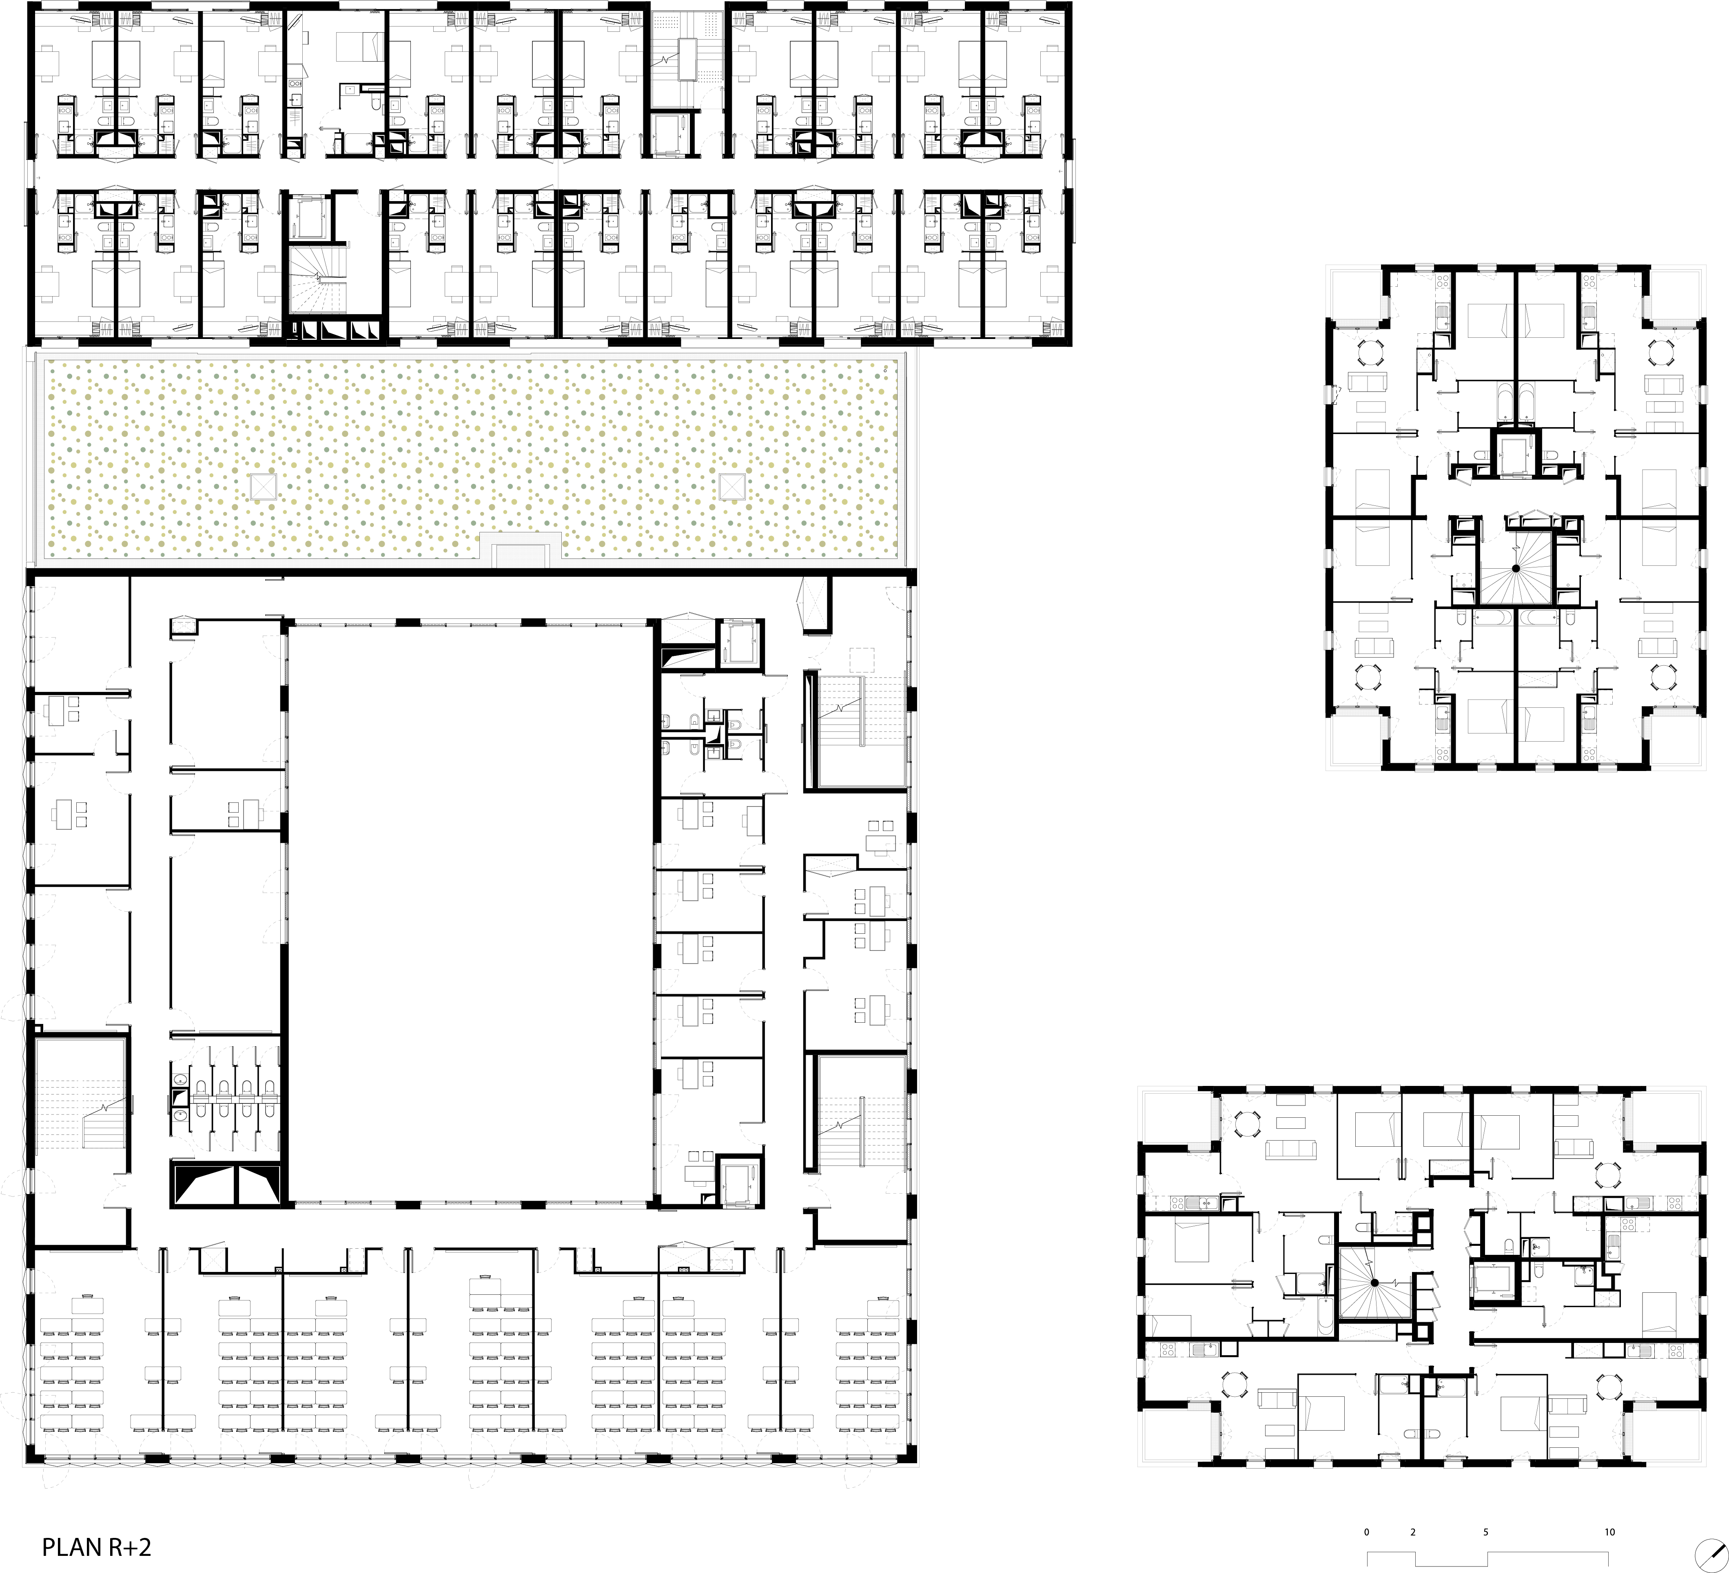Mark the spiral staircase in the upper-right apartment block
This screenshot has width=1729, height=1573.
[x=1516, y=568]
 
